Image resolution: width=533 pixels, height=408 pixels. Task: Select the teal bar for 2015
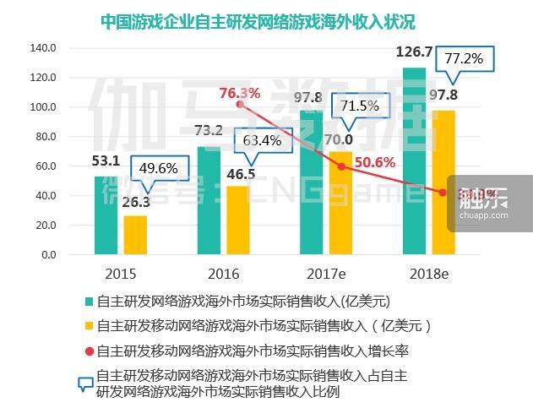click(106, 215)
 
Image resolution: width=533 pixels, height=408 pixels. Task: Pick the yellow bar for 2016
click(239, 220)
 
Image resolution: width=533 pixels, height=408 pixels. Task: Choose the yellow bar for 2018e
click(443, 182)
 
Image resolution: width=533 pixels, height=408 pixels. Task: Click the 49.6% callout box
click(158, 167)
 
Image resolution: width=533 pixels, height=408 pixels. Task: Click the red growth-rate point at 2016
click(239, 103)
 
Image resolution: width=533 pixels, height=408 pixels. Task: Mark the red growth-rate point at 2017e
click(341, 166)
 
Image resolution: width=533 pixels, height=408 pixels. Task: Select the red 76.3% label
click(239, 93)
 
